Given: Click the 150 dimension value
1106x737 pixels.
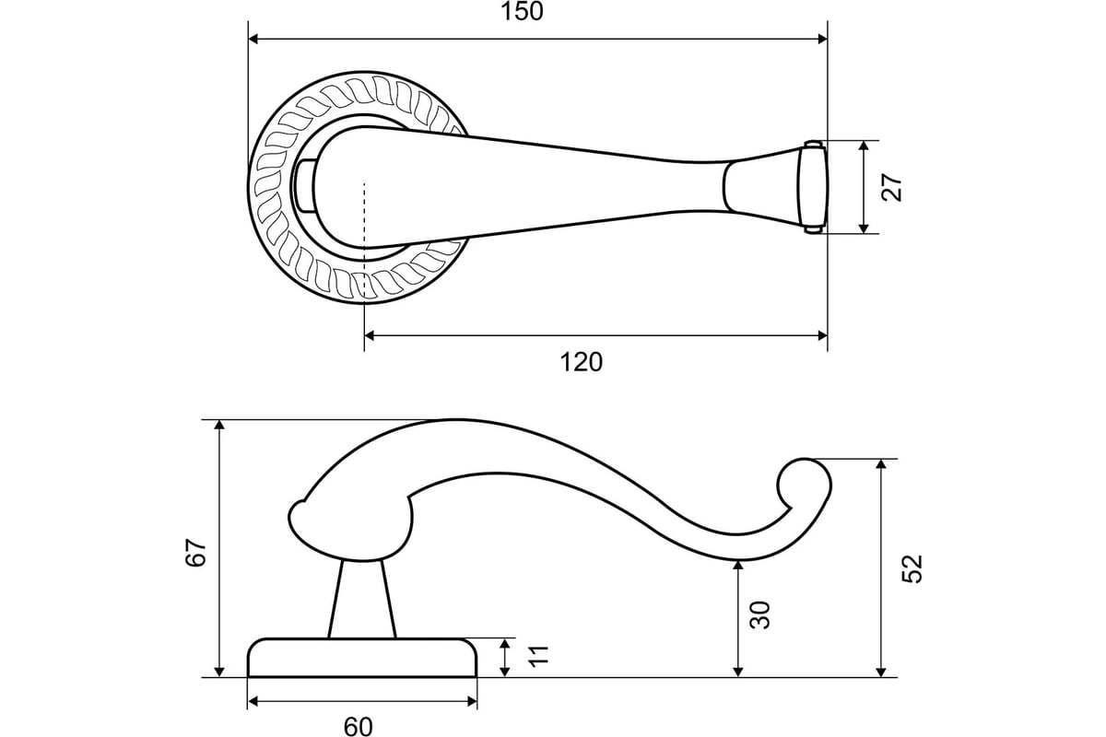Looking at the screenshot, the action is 522,11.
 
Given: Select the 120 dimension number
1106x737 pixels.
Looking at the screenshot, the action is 582,362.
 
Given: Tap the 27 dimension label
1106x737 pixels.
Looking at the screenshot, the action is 892,187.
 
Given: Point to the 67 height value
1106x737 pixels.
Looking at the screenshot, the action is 196,553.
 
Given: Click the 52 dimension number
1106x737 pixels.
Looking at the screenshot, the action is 912,569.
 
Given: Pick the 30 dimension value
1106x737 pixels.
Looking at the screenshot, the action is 759,615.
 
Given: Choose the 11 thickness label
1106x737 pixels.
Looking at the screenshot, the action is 538,656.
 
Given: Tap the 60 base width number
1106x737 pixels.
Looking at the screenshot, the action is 358,727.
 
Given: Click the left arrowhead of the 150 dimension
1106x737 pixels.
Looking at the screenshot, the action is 253,39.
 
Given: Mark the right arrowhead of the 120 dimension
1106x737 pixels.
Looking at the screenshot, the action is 821,335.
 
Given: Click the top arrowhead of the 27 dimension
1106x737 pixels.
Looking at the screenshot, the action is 864,146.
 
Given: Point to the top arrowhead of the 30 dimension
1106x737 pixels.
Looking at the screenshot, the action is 738,566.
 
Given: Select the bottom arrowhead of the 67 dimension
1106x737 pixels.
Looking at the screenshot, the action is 219,672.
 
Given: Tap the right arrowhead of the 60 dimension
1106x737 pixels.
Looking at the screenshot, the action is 471,702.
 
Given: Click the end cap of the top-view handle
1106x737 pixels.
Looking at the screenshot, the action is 813,187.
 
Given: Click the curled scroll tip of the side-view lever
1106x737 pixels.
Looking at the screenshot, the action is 805,485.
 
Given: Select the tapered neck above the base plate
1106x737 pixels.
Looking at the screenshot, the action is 362,600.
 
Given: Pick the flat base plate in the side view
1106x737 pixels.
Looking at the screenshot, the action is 362,658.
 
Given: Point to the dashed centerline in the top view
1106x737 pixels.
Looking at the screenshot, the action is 364,240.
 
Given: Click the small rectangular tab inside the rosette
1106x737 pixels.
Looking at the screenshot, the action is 304,186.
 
